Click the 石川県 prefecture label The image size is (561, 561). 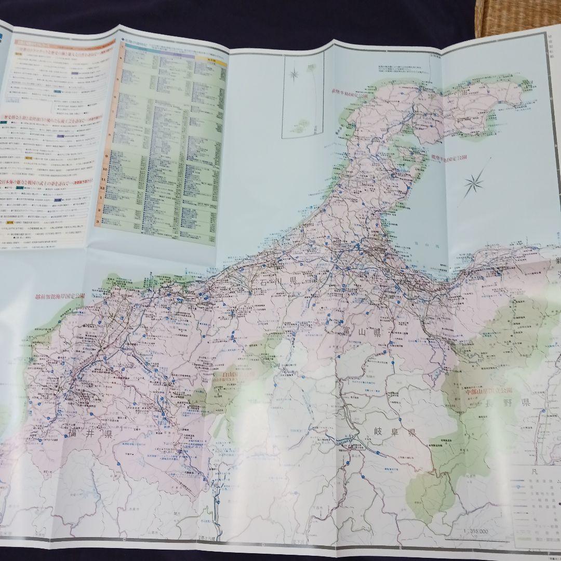pyautogui.click(x=278, y=281)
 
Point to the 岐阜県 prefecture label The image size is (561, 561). pyautogui.click(x=395, y=433)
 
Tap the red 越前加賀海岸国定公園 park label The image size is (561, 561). pyautogui.click(x=59, y=296)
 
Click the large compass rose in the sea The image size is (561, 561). pyautogui.click(x=474, y=182)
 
